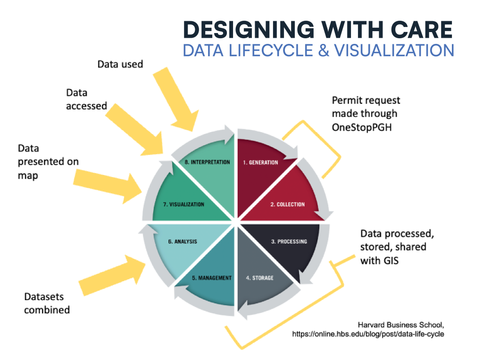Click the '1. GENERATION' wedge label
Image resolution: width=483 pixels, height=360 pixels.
pyautogui.click(x=260, y=162)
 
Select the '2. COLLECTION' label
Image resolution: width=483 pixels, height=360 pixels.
pyautogui.click(x=287, y=204)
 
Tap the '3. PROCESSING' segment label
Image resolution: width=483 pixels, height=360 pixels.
pyautogui.click(x=289, y=242)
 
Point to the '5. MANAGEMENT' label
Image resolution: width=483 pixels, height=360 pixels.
pyautogui.click(x=212, y=278)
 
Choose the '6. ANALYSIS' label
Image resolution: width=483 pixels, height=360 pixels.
pyautogui.click(x=182, y=242)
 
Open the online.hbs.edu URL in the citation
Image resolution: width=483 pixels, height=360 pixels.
pyautogui.click(x=368, y=334)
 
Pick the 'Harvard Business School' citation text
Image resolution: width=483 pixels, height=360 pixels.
pyautogui.click(x=401, y=324)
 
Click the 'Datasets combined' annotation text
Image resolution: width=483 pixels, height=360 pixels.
pyautogui.click(x=47, y=303)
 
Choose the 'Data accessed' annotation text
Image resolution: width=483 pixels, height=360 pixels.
pyautogui.click(x=86, y=100)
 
